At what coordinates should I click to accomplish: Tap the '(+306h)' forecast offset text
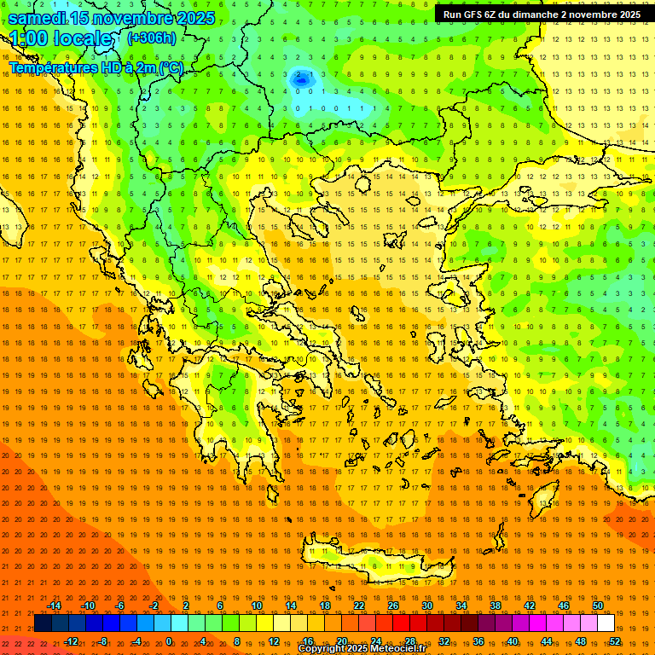point(151,38)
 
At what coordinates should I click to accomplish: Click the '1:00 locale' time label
point(61,38)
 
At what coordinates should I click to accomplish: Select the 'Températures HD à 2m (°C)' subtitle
point(96,67)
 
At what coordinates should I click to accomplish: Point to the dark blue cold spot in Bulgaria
point(301,78)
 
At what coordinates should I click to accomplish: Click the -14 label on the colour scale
point(54,606)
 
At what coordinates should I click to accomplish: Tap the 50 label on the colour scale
point(598,606)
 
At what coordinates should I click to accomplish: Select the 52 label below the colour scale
point(615,641)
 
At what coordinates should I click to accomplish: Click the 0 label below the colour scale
point(169,641)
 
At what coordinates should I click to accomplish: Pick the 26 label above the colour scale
point(393,606)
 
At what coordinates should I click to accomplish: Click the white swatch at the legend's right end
point(606,623)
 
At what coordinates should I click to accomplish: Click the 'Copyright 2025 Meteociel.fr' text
point(362,649)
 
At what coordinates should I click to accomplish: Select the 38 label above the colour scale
point(496,606)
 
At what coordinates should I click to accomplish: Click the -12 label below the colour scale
point(71,641)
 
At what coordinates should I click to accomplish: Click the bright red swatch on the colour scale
point(401,623)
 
